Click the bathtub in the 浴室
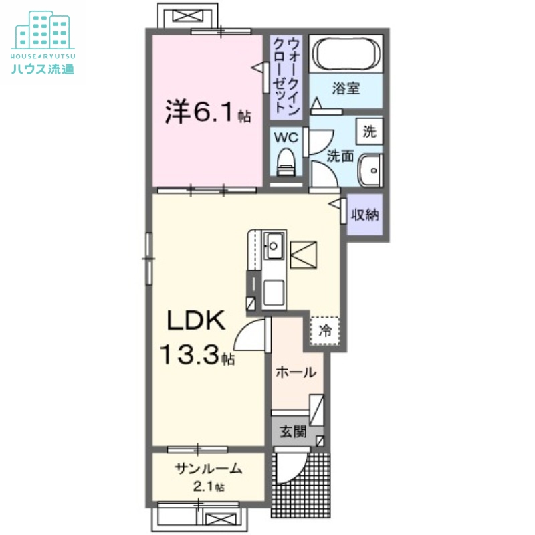[x=346, y=54]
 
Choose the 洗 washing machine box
[x=370, y=132]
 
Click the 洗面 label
[x=340, y=156]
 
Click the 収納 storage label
[x=366, y=215]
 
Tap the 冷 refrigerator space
[x=325, y=330]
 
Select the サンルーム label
[x=208, y=469]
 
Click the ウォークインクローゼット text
[x=286, y=75]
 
